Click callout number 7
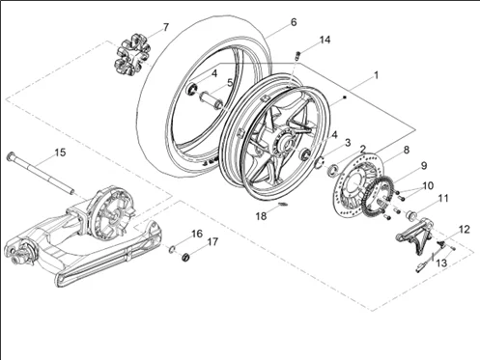point(165,27)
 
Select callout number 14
point(325,40)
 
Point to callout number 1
point(377,74)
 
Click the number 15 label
point(60,152)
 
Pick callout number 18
point(261,217)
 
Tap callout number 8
point(407,150)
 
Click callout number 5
point(229,83)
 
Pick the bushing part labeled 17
point(186,257)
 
